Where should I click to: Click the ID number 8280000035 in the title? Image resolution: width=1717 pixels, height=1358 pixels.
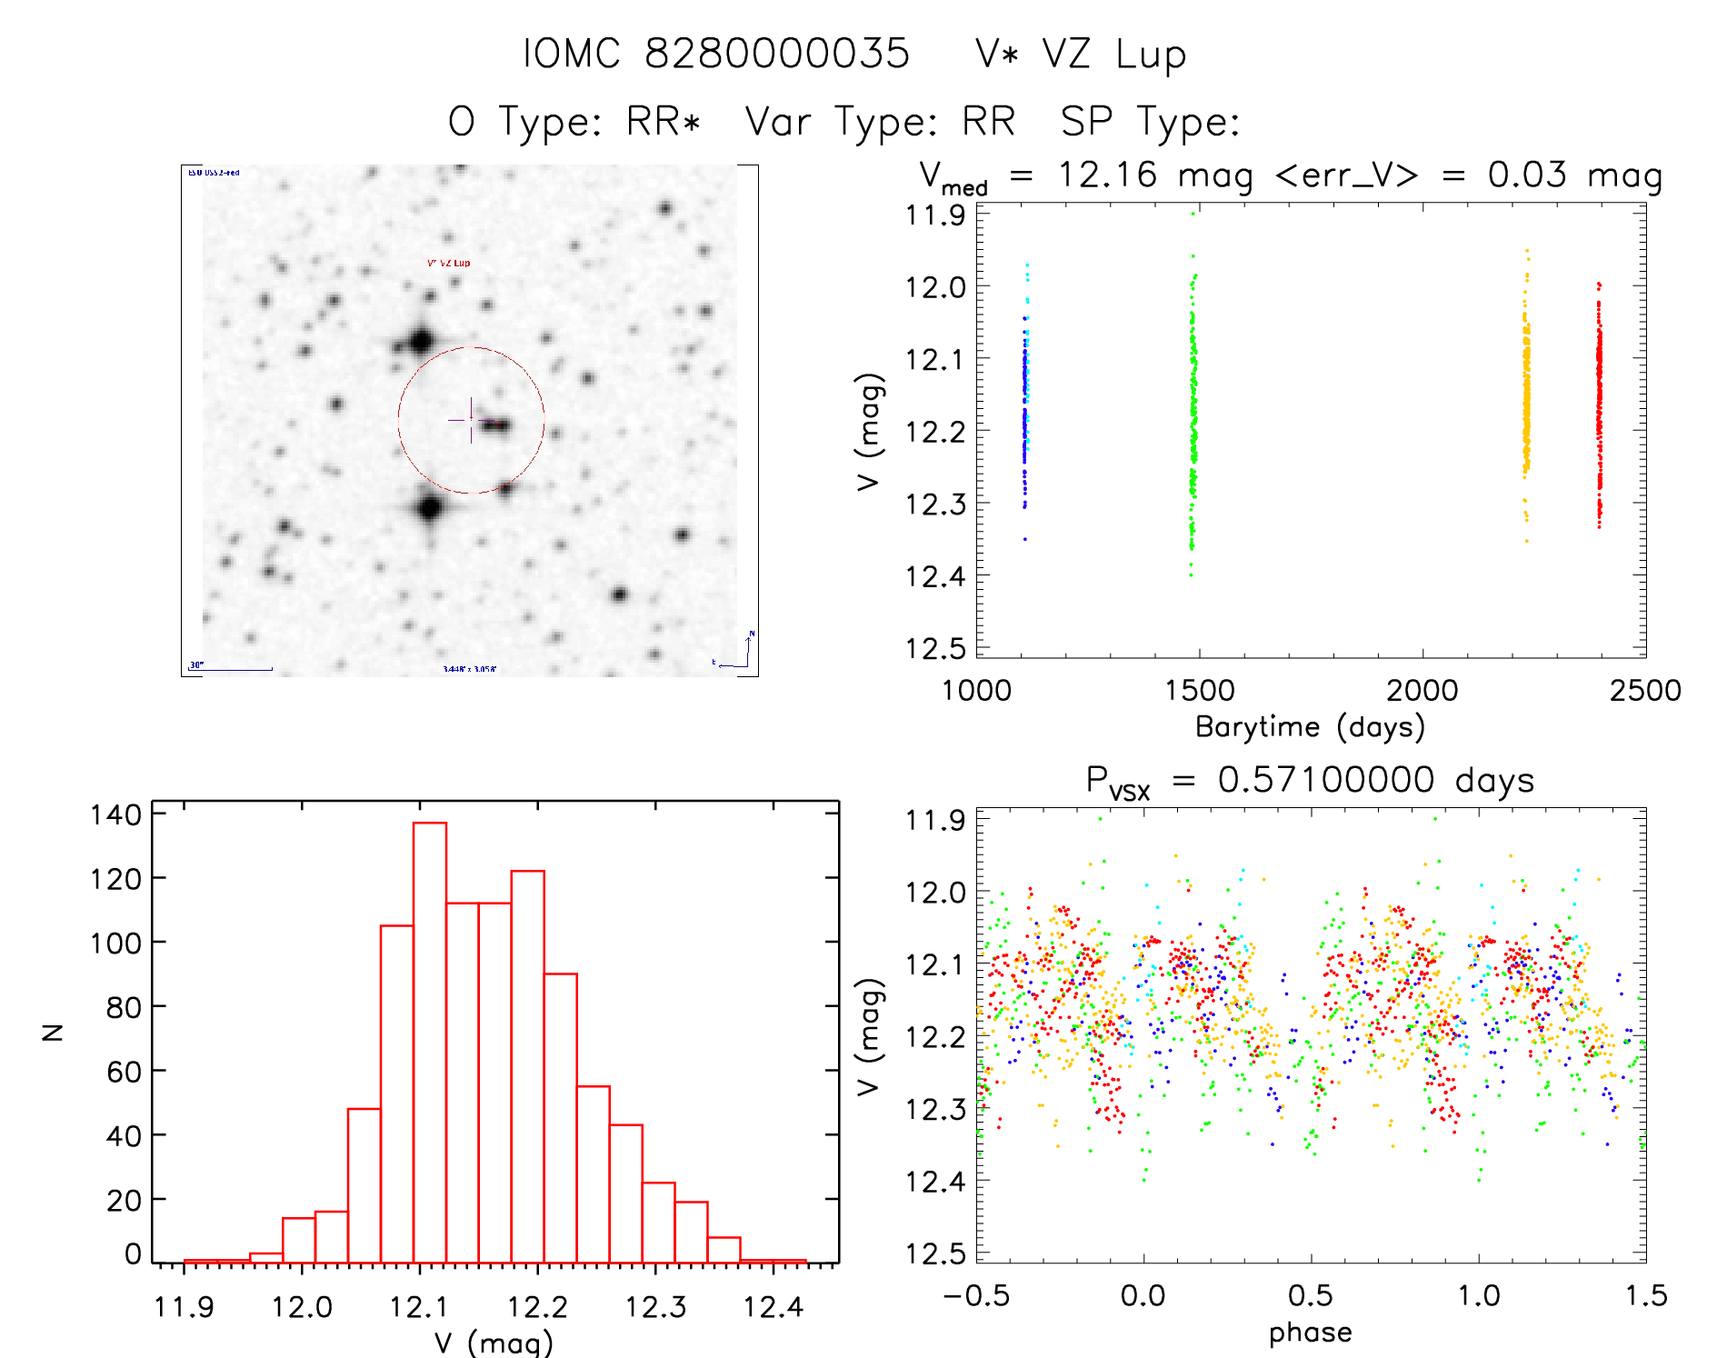777,54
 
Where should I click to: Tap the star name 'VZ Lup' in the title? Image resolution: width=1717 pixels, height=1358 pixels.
1114,55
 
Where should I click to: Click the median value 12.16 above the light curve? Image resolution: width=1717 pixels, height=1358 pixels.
1107,175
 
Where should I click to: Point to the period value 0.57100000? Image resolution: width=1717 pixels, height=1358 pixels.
1326,780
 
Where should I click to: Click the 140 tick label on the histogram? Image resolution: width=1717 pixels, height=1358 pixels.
115,814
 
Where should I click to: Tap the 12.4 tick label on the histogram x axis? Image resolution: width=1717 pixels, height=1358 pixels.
773,1307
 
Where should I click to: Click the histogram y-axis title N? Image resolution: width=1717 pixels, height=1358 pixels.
54,1032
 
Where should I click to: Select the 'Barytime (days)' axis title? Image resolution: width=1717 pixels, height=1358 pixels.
1310,727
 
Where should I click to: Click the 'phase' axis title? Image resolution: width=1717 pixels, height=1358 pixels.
1310,1333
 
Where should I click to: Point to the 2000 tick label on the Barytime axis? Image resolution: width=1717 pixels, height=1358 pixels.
1422,691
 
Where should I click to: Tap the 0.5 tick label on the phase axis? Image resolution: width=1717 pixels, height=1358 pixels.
1310,1295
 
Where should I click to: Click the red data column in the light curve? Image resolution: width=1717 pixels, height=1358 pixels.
1599,400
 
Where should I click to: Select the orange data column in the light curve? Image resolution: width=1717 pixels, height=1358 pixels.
1526,400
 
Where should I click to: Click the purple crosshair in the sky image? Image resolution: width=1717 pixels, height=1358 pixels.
470,420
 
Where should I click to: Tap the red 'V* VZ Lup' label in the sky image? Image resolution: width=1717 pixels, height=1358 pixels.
449,263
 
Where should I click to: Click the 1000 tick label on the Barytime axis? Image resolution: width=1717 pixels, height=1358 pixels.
976,691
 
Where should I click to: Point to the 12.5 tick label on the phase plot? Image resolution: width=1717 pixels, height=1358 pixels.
934,1253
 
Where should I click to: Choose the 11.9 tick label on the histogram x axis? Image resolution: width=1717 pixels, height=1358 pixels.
184,1307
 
